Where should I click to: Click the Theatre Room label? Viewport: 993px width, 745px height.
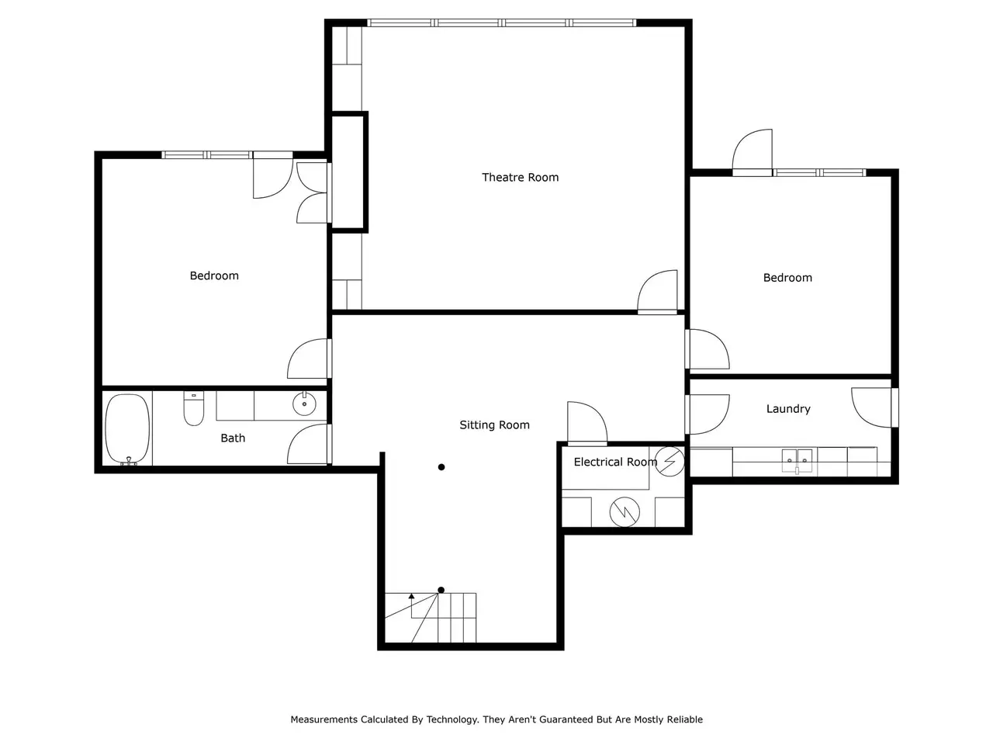(520, 177)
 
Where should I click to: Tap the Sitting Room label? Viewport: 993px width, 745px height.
(494, 424)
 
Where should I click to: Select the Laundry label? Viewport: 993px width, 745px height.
(788, 409)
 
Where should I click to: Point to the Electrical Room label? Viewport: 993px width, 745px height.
(615, 462)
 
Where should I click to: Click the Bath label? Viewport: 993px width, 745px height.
(233, 438)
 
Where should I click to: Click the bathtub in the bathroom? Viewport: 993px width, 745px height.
(127, 429)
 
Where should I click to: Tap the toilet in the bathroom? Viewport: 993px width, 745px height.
(194, 408)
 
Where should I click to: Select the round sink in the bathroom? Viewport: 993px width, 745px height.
(304, 404)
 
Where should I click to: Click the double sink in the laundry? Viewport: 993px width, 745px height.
(797, 460)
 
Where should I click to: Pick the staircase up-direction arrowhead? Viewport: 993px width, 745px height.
(411, 596)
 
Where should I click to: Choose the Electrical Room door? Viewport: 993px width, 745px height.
(587, 422)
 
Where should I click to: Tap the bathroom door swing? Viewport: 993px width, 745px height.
(308, 444)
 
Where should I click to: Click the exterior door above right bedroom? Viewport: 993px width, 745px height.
(753, 152)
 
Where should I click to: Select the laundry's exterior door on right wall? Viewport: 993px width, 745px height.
(873, 407)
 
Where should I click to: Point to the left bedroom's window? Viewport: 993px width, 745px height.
(206, 155)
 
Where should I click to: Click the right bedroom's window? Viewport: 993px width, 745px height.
(819, 173)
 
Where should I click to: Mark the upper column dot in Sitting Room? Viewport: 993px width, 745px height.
(441, 467)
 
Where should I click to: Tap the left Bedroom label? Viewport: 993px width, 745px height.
(214, 275)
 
